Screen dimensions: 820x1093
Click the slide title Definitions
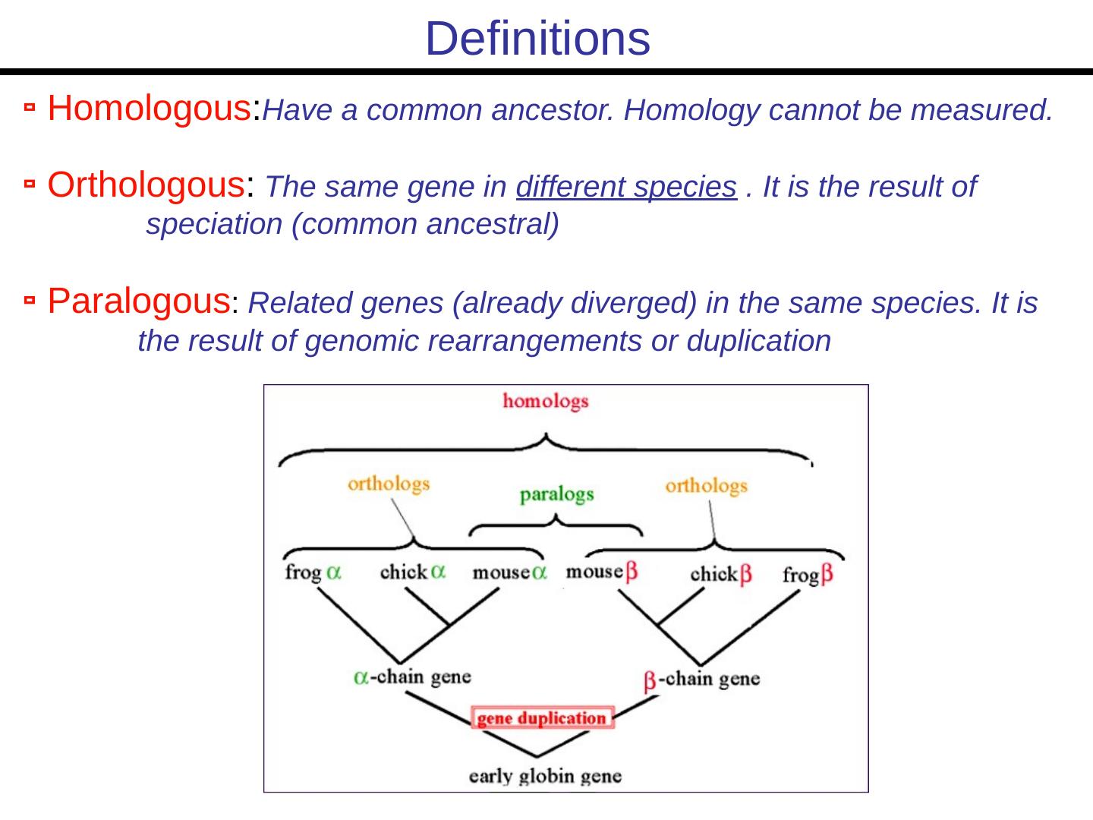(537, 38)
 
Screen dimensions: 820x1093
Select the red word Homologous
(150, 109)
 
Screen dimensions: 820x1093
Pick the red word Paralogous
(139, 301)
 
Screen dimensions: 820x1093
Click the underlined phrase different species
(626, 187)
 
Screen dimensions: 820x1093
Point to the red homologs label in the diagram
(545, 401)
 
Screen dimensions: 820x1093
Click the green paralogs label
(556, 495)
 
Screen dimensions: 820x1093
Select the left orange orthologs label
(389, 484)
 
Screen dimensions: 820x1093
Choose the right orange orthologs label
(706, 486)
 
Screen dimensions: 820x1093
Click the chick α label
(413, 572)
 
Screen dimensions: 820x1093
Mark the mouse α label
(509, 572)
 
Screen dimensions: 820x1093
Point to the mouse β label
(602, 572)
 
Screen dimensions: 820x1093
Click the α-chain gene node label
(412, 676)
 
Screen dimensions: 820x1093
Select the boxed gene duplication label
(542, 718)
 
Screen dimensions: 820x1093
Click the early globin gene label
(545, 776)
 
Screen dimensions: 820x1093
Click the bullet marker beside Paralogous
(29, 302)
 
